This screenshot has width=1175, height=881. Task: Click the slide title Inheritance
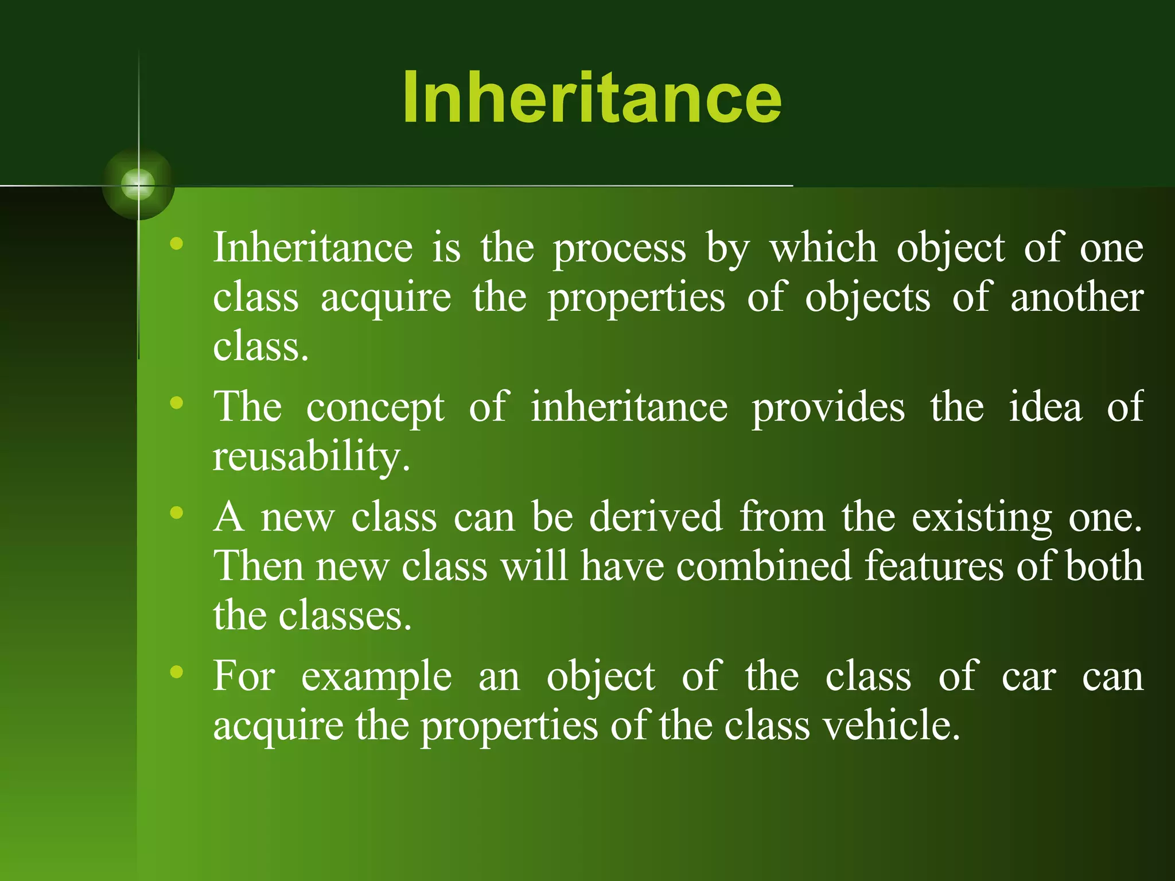point(592,98)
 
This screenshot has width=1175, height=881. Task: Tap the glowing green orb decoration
point(138,185)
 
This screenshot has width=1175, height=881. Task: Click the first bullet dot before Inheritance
point(177,244)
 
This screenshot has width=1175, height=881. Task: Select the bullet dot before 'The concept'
point(177,403)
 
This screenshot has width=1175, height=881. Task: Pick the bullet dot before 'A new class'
point(177,512)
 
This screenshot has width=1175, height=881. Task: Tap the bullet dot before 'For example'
point(177,671)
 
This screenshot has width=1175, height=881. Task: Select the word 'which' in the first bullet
point(823,248)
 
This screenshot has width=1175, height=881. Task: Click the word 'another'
point(1077,298)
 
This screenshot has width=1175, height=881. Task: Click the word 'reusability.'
point(312,457)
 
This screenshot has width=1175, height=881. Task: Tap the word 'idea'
point(1045,407)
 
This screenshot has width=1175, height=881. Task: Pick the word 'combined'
point(764,566)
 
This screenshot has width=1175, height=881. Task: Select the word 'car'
point(1028,677)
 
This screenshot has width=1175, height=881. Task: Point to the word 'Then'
point(258,566)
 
